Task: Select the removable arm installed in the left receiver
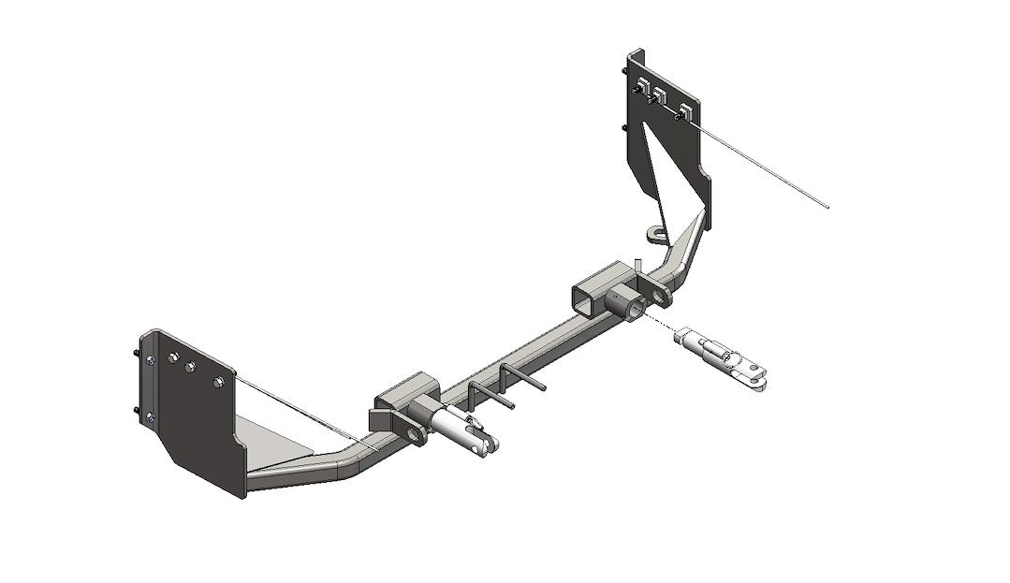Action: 458,431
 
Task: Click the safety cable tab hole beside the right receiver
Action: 663,296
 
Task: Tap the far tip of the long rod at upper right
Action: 827,207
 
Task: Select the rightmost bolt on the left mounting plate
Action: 219,382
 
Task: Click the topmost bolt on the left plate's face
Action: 173,357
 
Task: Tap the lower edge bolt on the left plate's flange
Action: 150,417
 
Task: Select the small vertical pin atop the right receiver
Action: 636,267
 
